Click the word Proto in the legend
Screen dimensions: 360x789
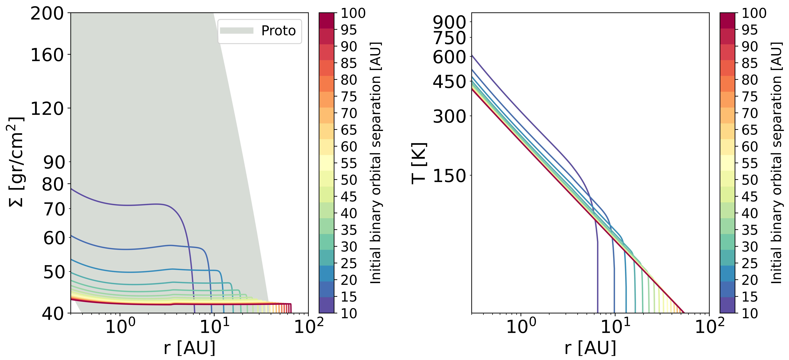(278, 31)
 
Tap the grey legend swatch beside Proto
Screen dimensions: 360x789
(236, 31)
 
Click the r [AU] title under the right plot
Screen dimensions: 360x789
(590, 348)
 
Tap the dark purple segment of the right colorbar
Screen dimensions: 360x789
(727, 305)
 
